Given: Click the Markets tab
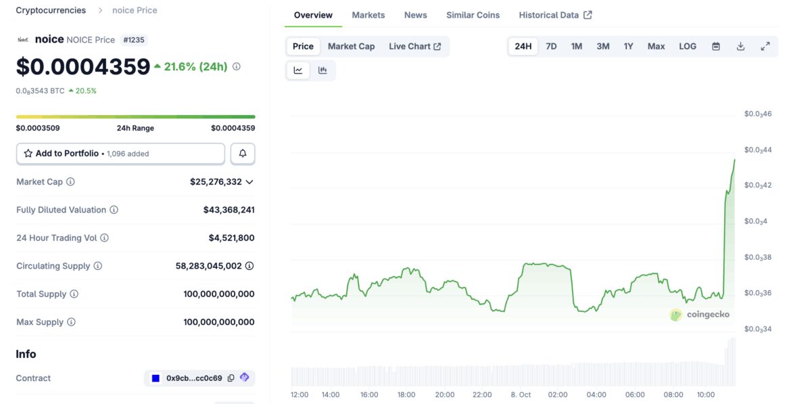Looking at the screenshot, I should coord(368,15).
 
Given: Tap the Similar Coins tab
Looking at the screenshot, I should coord(473,15).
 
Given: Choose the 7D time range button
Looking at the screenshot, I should coord(551,46).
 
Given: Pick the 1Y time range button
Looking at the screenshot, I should coord(628,46).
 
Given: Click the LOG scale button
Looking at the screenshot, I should coord(687,46).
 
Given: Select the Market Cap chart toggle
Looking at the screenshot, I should coord(351,46).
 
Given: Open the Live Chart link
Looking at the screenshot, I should coord(414,46).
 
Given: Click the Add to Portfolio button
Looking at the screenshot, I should coord(120,154).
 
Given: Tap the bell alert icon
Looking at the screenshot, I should coord(243,154).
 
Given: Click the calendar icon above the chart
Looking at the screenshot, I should coord(716,46).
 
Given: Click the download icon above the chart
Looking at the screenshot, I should coord(740,46).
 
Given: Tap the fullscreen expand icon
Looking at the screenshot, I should coord(765,46).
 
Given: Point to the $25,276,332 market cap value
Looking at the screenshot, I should coord(216,181).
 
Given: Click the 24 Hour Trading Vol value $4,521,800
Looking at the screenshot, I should coord(231,238).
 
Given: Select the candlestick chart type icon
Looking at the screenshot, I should coord(322,70).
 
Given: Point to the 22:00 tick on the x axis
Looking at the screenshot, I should coord(482,395).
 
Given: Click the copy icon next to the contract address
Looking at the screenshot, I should coord(231,378).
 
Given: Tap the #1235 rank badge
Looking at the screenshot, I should coord(134,40).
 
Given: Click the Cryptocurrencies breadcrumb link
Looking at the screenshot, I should coord(51,10).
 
